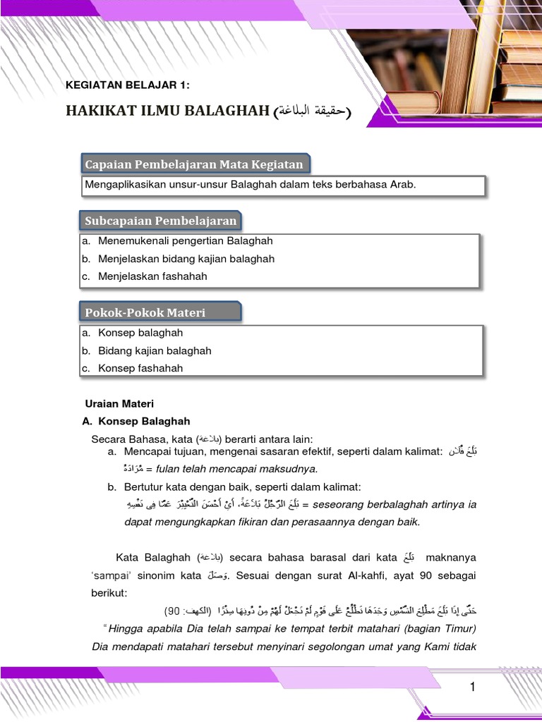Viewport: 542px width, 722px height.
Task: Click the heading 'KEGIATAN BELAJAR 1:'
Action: [128, 85]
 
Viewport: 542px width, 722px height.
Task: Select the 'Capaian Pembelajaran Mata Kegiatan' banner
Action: [194, 164]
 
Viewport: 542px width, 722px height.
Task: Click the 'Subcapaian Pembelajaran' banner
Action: [161, 221]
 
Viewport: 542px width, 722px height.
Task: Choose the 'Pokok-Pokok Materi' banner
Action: [145, 312]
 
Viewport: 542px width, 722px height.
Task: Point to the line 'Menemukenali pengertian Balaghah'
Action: [185, 241]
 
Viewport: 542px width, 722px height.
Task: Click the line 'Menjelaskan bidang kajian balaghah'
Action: [186, 259]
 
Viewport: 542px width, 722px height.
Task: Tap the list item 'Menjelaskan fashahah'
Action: [152, 276]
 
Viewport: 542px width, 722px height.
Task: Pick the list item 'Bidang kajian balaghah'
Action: [155, 350]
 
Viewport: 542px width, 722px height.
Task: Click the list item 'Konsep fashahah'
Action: [140, 368]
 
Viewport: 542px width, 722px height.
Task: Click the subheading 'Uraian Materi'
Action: [119, 404]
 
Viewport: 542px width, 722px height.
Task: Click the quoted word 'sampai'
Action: [113, 575]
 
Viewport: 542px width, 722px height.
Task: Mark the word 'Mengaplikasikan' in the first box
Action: [123, 185]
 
